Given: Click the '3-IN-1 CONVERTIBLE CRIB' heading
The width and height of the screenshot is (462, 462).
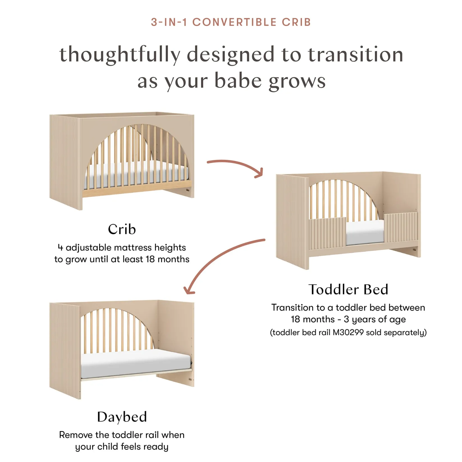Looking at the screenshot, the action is pyautogui.click(x=231, y=22).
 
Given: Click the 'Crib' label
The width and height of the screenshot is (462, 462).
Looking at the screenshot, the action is pyautogui.click(x=122, y=229).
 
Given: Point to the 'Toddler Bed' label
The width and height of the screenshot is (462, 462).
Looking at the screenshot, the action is pyautogui.click(x=348, y=289).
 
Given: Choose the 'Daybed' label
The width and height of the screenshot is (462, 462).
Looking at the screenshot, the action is pyautogui.click(x=122, y=417).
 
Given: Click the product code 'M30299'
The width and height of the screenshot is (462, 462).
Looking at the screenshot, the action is pyautogui.click(x=348, y=332).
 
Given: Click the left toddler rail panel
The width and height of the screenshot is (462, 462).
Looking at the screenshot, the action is pyautogui.click(x=327, y=232).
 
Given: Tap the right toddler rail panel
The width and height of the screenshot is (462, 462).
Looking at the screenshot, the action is pyautogui.click(x=401, y=227).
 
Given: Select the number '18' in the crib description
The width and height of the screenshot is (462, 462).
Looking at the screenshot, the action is pyautogui.click(x=150, y=259).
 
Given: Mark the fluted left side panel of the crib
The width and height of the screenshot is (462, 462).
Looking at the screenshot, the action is pyautogui.click(x=66, y=162).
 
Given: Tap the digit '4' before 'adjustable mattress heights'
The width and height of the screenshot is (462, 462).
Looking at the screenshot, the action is pyautogui.click(x=60, y=248).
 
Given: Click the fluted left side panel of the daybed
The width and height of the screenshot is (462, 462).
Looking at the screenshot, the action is pyautogui.click(x=65, y=350).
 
